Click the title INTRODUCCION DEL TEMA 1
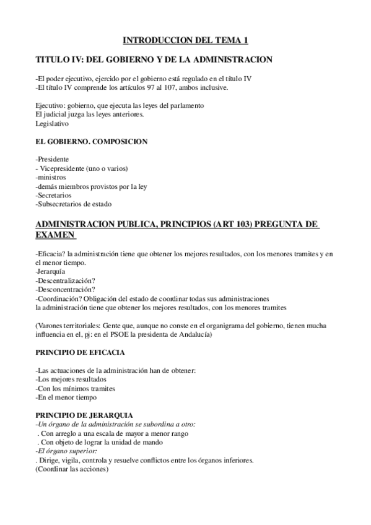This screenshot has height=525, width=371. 185,40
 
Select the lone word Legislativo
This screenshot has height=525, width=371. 53,123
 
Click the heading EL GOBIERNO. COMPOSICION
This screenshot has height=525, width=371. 92,142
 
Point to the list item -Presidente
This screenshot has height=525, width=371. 53,160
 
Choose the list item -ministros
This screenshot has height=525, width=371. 51,178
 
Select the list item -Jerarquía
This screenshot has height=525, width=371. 52,271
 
